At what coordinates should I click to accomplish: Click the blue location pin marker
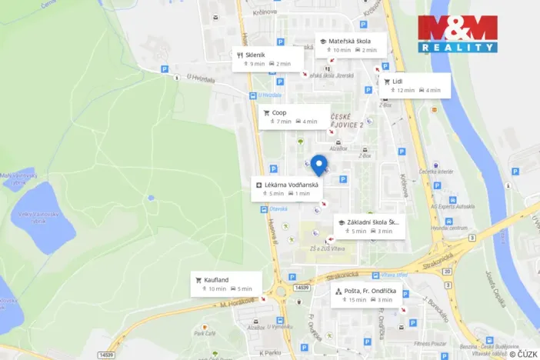[x=318, y=165]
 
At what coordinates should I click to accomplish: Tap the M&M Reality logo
[x=458, y=34]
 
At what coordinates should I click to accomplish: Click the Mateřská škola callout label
[x=348, y=45]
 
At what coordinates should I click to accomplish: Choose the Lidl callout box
[x=415, y=85]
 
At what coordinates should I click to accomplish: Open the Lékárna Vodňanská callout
[x=288, y=188]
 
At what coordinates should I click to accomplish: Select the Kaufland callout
[x=225, y=284]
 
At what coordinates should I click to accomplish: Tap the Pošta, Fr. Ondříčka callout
[x=366, y=295]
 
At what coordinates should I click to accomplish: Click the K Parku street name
[x=270, y=352]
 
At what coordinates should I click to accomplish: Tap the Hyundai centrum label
[x=448, y=228]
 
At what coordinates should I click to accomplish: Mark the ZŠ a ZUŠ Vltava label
[x=325, y=248]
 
